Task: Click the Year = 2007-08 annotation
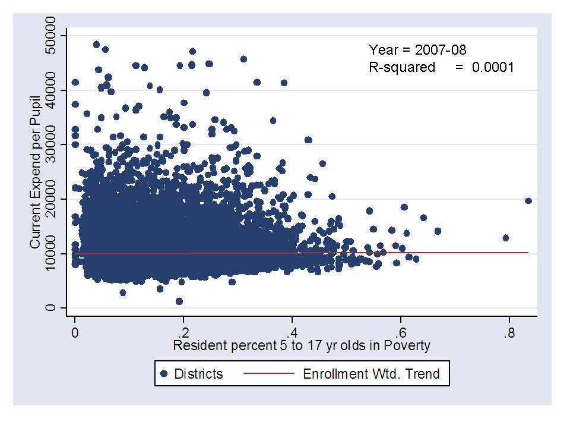(422, 49)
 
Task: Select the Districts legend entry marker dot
(164, 374)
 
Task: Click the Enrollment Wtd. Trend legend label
(372, 374)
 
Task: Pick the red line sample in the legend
(269, 374)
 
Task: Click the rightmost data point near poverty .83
(528, 201)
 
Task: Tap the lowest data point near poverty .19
(179, 301)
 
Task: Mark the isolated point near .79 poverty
(506, 238)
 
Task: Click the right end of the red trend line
(527, 253)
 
